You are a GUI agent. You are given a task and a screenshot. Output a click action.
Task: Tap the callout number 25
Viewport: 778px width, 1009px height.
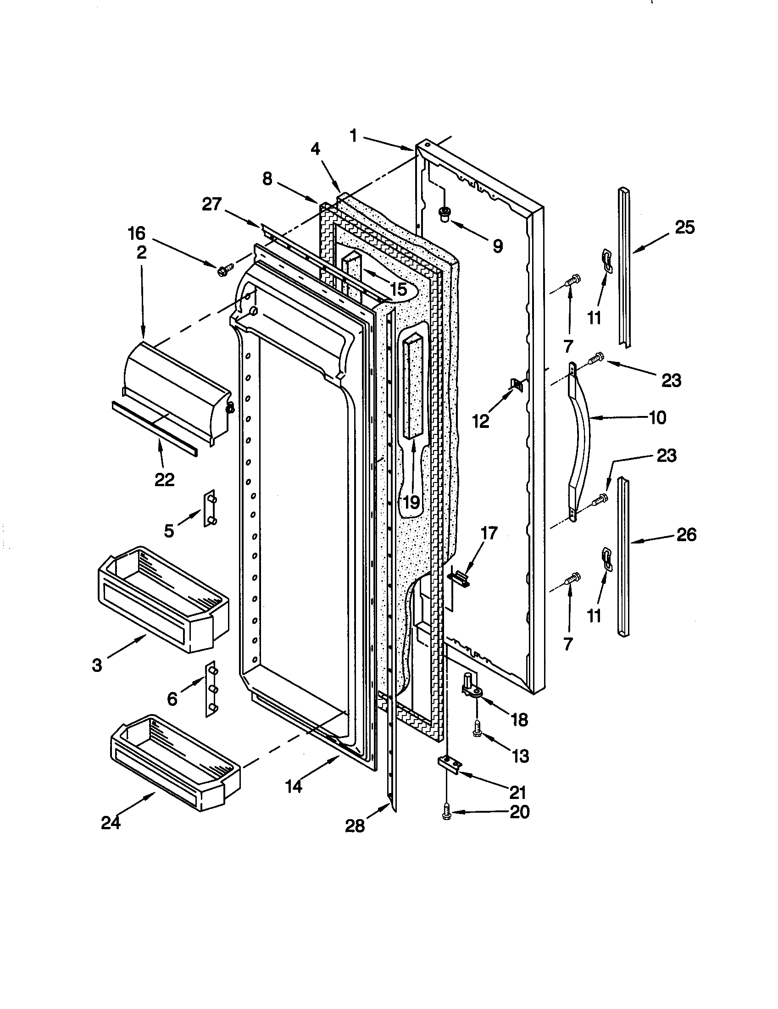click(x=684, y=227)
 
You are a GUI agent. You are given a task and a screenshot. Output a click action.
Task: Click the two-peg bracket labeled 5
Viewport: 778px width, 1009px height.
click(x=210, y=508)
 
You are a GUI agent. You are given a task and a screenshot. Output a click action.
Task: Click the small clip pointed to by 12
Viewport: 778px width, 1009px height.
click(x=516, y=384)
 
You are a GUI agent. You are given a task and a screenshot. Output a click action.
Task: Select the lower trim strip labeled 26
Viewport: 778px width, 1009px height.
click(x=624, y=557)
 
